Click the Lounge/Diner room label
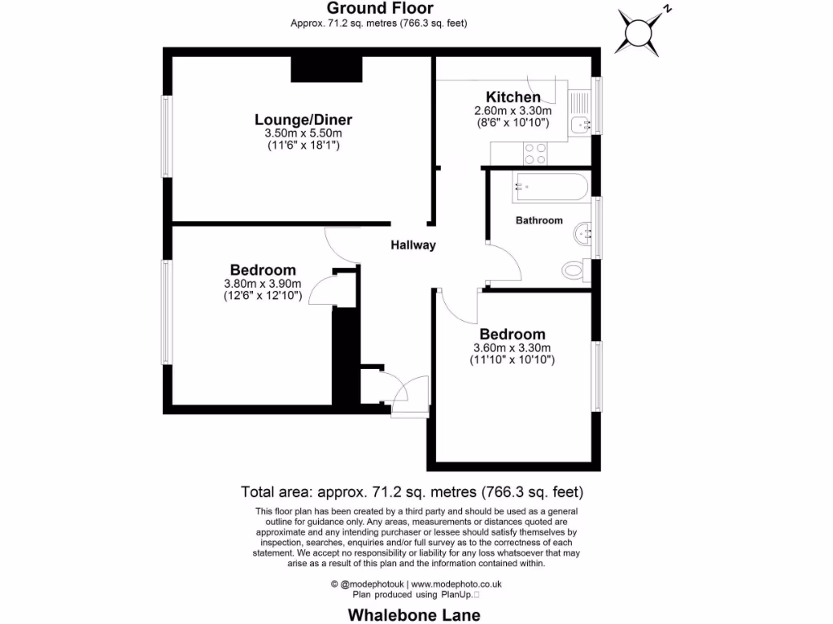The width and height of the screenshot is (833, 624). point(303,120)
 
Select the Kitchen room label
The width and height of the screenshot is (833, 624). point(513,97)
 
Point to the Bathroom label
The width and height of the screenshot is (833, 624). point(539,220)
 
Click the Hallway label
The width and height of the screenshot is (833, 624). point(413,245)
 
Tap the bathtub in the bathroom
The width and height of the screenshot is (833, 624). point(549,188)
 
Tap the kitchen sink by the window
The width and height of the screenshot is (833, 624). point(580,124)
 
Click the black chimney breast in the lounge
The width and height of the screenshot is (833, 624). point(326,70)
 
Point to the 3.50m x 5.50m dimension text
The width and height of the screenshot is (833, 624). point(303,133)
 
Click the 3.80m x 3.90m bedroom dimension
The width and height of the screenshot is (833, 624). point(263,284)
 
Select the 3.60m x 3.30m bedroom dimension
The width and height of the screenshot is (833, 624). point(512,348)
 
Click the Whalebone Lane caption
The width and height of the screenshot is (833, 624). point(414,614)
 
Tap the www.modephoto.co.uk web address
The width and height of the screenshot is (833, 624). point(456,583)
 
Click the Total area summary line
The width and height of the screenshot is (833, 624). point(412,492)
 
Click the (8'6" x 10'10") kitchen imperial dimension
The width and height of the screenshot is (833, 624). point(513,123)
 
